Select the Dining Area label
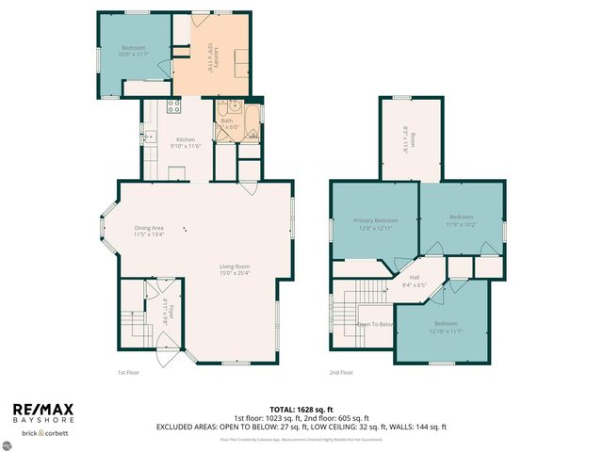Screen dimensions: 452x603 [149, 230]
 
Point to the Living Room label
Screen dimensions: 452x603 [234, 271]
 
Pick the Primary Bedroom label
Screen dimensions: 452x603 [374, 224]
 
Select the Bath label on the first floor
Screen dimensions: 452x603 [227, 123]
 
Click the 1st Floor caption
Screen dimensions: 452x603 [129, 372]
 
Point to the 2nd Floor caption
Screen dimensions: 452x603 [341, 372]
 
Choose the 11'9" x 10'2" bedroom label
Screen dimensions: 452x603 [462, 220]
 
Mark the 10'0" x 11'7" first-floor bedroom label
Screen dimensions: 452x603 [132, 52]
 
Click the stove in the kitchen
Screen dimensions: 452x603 [172, 105]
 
